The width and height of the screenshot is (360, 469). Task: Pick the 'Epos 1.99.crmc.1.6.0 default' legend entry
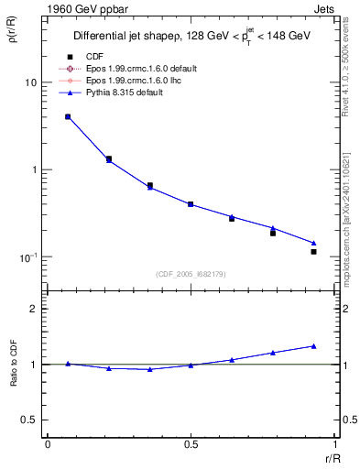point(147,70)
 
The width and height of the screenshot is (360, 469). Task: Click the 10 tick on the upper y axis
point(30,82)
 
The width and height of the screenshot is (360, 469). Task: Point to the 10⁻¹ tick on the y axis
point(28,256)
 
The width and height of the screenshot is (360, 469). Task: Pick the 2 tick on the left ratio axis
point(35,309)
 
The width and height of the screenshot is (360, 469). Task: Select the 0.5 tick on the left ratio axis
point(30,420)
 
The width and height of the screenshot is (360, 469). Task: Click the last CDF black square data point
point(313,251)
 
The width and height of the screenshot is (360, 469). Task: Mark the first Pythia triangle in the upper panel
point(68,116)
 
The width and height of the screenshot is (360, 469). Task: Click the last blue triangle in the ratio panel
point(313,346)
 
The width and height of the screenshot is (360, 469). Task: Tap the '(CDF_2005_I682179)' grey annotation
point(191,273)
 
